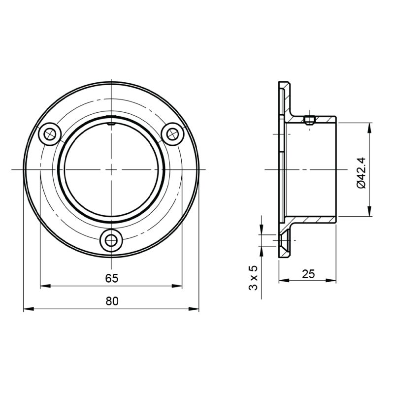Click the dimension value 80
click(x=112, y=301)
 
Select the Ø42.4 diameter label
click(x=360, y=172)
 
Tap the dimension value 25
click(x=308, y=274)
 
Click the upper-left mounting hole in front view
click(x=50, y=134)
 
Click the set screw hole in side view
click(x=309, y=120)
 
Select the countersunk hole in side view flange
click(x=284, y=241)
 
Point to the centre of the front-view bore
click(x=112, y=169)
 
